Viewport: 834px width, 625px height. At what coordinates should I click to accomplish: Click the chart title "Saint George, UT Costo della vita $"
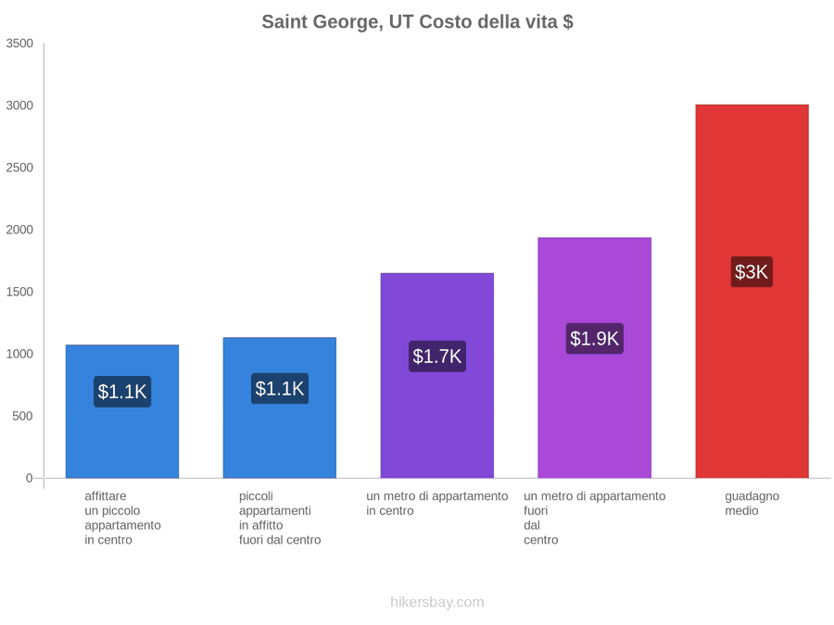point(418,22)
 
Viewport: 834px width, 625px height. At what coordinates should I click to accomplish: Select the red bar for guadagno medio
point(752,292)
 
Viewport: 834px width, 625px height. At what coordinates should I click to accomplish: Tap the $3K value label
point(752,272)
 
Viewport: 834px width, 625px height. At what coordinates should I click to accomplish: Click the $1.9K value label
point(595,339)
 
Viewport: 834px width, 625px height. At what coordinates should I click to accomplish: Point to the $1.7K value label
point(437,356)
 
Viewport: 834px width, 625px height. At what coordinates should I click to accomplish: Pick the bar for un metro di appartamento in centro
point(437,376)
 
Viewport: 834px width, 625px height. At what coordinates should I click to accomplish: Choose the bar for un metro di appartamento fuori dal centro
point(595,357)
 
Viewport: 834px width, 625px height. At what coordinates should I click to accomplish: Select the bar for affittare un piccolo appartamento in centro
point(122,411)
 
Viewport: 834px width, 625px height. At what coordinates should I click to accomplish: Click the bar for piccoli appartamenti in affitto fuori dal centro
point(280,407)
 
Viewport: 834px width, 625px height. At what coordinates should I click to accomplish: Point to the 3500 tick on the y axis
point(19,44)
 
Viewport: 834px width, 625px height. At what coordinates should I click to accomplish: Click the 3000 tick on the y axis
point(19,106)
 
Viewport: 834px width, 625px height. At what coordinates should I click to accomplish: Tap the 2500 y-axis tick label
point(19,168)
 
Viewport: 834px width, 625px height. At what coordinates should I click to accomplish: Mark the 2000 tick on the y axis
point(19,230)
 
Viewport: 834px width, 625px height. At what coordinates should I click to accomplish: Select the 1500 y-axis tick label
point(19,292)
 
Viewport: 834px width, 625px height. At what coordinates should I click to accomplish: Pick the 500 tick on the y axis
point(23,416)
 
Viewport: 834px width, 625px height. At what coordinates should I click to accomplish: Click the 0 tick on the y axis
point(30,479)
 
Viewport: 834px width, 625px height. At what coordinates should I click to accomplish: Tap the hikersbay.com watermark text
point(437,602)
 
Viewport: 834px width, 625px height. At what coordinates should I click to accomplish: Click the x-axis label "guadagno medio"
point(752,504)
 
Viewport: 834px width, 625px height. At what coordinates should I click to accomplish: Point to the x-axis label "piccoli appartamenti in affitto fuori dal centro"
point(280,519)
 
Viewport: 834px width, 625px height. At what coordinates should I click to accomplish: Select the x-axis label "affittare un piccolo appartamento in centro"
point(122,519)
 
